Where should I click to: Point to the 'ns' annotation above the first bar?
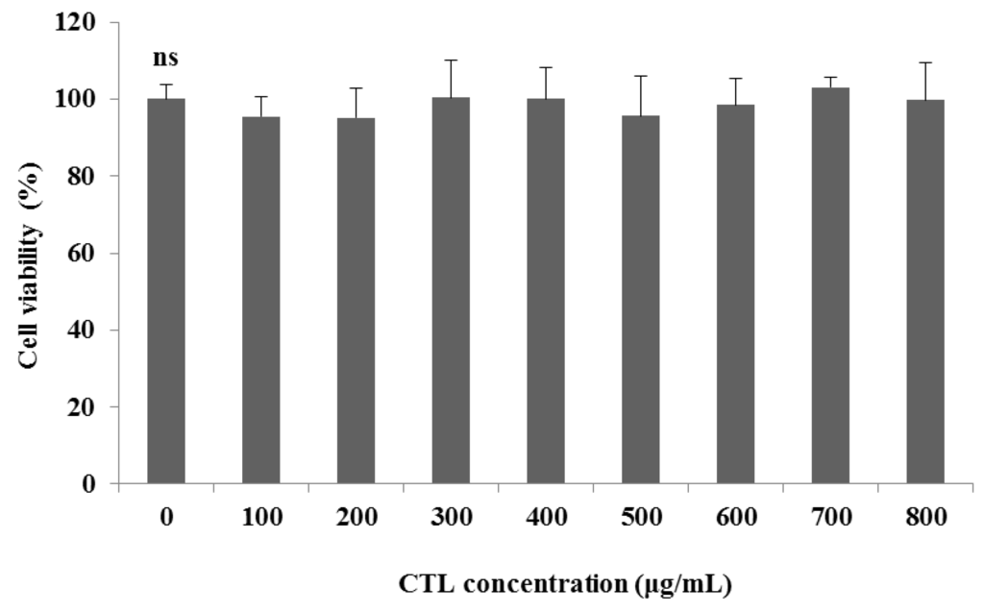coord(165,60)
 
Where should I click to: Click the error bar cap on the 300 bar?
coord(451,61)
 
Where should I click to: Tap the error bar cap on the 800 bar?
coord(924,63)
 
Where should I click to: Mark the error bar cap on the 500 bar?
coord(640,76)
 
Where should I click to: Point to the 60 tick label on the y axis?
coord(93,253)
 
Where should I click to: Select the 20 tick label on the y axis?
coord(93,406)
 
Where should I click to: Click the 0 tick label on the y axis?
coord(99,483)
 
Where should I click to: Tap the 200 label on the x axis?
coord(356,517)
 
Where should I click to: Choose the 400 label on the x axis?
coord(545,517)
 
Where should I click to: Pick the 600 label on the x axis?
coord(735,517)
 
